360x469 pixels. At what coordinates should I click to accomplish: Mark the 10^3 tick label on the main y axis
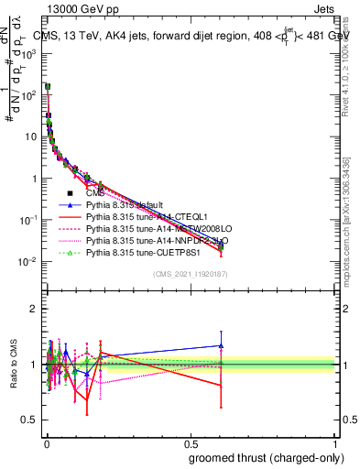pyautogui.click(x=27, y=53)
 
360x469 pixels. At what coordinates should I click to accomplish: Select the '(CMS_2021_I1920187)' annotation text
pyautogui.click(x=190, y=274)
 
